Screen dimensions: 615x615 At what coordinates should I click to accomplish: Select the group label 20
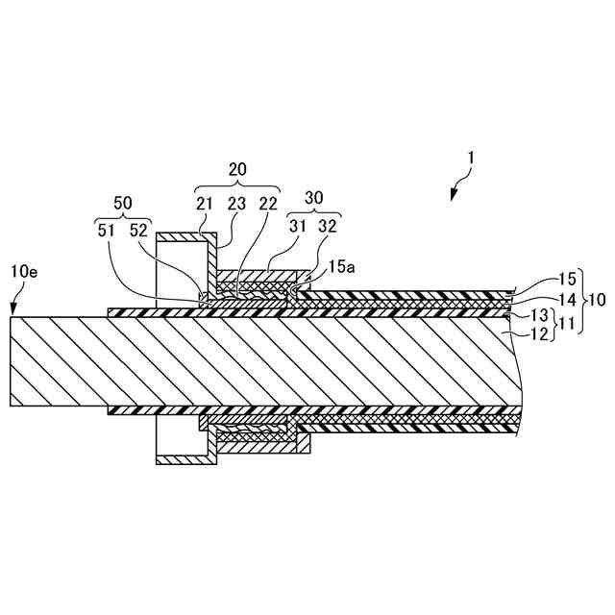[x=238, y=167]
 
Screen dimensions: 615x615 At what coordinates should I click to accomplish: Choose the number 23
[x=237, y=204]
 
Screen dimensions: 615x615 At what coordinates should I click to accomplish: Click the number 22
[x=268, y=204]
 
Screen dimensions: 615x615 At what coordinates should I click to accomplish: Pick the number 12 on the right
[x=541, y=333]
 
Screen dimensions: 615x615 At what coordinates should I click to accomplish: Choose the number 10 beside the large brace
[x=597, y=299]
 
